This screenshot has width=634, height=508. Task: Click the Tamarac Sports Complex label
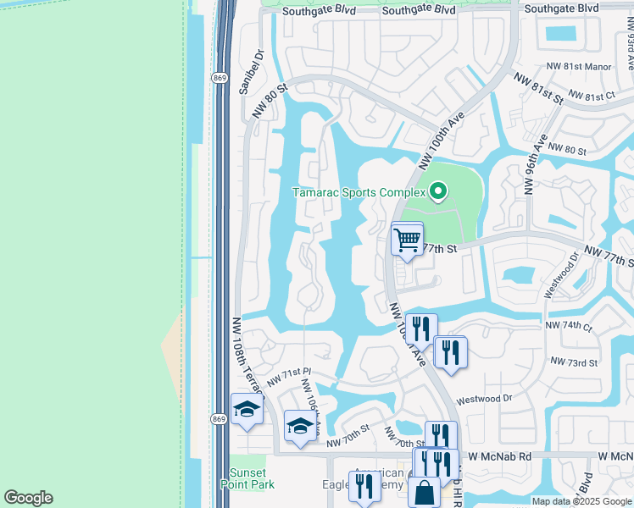[x=359, y=192]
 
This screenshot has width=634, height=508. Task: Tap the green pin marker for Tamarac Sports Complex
[x=437, y=192]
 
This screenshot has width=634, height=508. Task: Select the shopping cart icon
[x=407, y=239]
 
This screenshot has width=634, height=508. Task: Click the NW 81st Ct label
[x=592, y=96]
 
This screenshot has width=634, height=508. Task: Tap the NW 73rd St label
[x=574, y=362]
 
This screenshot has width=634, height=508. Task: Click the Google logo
[x=28, y=498]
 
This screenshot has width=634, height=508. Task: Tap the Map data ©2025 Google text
[x=581, y=501]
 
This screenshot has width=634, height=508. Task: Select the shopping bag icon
[x=424, y=492]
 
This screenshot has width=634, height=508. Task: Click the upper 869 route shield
[x=219, y=76]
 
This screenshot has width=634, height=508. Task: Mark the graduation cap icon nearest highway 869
[x=247, y=410]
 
